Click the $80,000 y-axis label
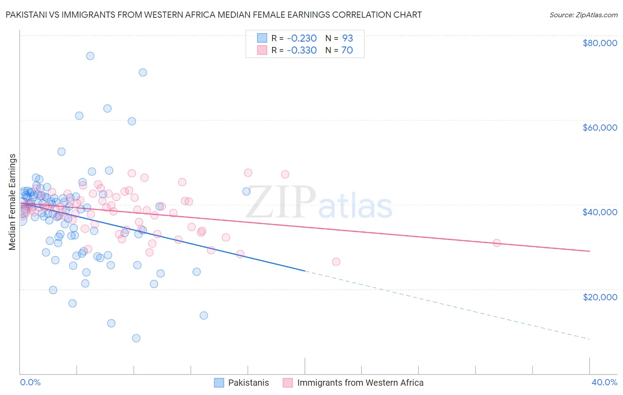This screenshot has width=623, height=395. (x=600, y=43)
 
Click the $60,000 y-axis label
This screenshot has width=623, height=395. (x=600, y=128)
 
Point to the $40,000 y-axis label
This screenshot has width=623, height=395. (x=600, y=212)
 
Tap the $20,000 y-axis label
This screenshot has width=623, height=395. (x=600, y=297)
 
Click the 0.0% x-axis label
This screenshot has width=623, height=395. (x=30, y=382)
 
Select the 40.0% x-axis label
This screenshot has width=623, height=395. (x=604, y=382)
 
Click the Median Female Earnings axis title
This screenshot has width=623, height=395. (x=12, y=202)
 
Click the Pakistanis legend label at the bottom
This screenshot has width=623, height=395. (x=248, y=383)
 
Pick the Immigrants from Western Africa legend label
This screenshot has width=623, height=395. (x=360, y=383)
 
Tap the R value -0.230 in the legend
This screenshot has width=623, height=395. (x=301, y=38)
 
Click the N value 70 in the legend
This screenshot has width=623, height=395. (x=347, y=50)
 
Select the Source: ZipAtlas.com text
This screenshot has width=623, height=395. (x=583, y=15)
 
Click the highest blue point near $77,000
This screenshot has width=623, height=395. (x=90, y=56)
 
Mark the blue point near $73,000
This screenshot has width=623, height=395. (x=143, y=73)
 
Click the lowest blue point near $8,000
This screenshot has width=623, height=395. (x=136, y=338)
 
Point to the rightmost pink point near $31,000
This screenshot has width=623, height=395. (x=497, y=243)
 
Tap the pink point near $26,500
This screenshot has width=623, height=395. (x=336, y=262)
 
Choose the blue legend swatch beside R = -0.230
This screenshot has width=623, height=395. (x=262, y=38)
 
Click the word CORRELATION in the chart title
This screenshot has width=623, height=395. (x=361, y=15)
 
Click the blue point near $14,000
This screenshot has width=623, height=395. (x=203, y=315)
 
